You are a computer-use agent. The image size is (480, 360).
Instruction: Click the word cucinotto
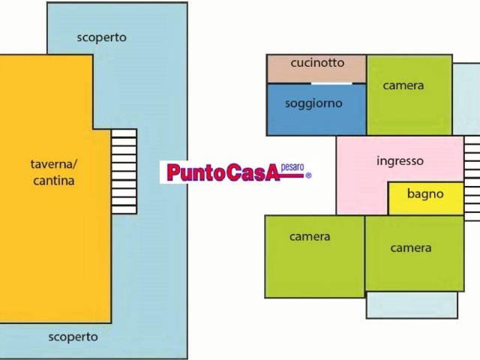[317, 63]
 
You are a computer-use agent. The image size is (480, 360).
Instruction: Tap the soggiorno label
[313, 103]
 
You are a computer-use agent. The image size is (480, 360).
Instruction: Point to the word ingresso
[400, 160]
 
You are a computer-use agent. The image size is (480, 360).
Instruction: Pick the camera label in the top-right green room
[403, 85]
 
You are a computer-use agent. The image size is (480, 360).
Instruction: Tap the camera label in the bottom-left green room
[310, 237]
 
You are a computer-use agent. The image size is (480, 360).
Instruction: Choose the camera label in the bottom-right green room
[411, 247]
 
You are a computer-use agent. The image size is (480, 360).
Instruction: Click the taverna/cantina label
[53, 172]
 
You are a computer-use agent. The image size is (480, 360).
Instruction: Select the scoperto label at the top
[101, 37]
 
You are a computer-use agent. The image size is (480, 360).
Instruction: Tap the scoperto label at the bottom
[73, 337]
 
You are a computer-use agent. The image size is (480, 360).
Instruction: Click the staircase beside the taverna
[124, 171]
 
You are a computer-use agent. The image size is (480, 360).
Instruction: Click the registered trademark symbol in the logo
[307, 175]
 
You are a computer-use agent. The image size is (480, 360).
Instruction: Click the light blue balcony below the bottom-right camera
[411, 304]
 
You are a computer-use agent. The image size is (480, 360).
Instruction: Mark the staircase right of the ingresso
[472, 178]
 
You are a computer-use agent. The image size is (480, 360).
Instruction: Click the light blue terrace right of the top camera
[466, 97]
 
